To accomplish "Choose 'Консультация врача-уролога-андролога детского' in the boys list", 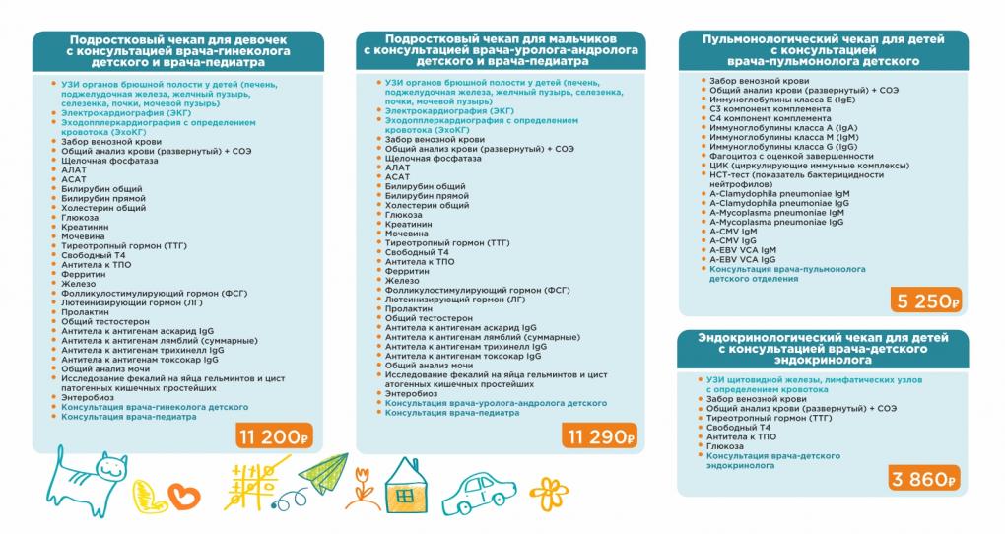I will (496, 403).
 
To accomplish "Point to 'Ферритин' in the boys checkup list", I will (406, 270).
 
